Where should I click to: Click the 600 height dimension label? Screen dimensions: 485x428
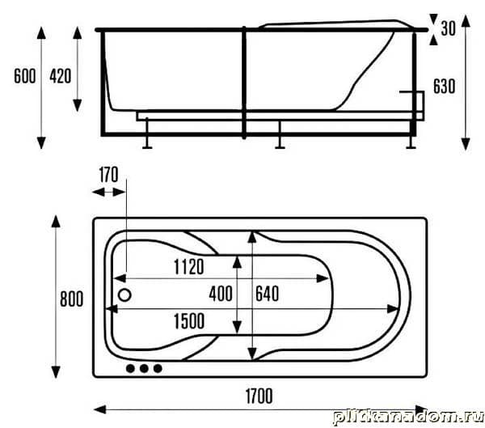(25, 76)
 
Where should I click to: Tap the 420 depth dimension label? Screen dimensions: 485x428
(61, 76)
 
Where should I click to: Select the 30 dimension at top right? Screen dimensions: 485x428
(448, 28)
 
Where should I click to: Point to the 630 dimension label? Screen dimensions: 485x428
(444, 86)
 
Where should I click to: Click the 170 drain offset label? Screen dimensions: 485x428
(108, 175)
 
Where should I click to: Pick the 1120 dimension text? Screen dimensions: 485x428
(188, 267)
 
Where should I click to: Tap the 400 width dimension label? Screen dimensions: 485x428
(221, 294)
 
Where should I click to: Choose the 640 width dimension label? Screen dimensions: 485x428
(268, 294)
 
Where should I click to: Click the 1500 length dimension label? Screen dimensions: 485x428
(189, 321)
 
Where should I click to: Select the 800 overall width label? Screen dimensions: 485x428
(71, 299)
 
